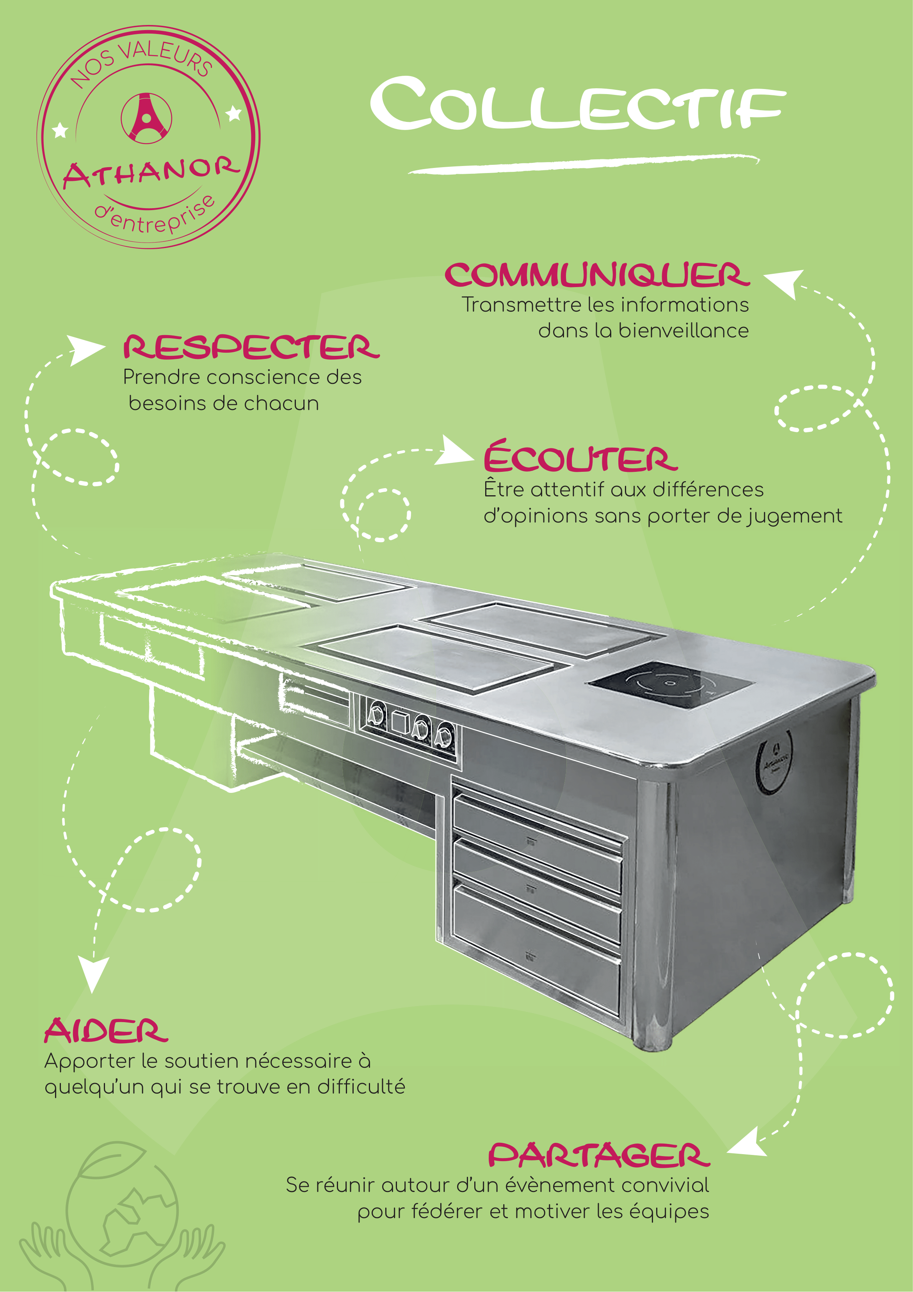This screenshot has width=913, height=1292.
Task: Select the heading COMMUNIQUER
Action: pyautogui.click(x=597, y=275)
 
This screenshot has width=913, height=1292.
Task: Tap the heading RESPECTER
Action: pyautogui.click(x=251, y=347)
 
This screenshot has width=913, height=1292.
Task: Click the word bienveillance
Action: pyautogui.click(x=683, y=330)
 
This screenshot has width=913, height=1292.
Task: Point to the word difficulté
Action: pyautogui.click(x=361, y=1087)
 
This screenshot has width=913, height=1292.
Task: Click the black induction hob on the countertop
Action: pyautogui.click(x=669, y=684)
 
